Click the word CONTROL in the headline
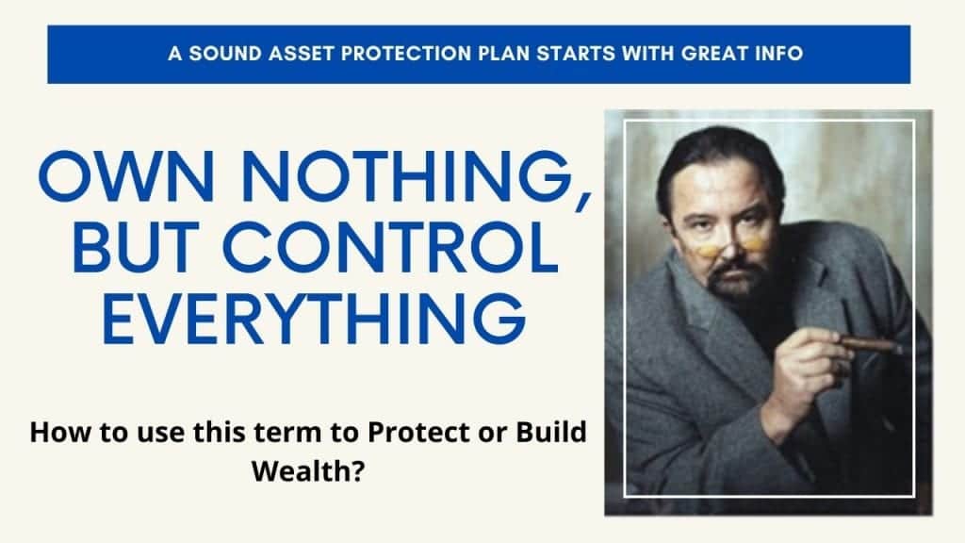coord(390,248)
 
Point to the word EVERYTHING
coord(314,318)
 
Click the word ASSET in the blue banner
coord(303,54)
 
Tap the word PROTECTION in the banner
coord(405,54)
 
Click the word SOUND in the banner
coord(225,54)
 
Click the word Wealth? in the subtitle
coord(308,471)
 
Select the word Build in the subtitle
coord(550,432)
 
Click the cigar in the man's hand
coord(871,345)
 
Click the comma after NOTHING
coord(582,199)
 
